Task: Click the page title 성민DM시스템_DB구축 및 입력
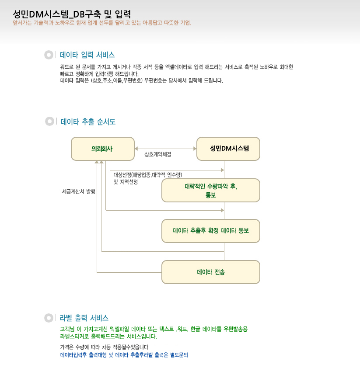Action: tap(72, 14)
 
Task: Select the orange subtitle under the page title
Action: tap(102, 23)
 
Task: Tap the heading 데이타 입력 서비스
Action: tap(87, 55)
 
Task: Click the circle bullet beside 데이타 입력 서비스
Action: tap(49, 55)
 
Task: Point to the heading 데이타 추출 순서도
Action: tap(88, 122)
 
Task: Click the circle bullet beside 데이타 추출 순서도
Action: tap(49, 122)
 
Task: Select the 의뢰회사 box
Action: tap(103, 149)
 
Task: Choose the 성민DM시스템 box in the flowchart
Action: tap(228, 149)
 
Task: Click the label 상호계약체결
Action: tap(158, 154)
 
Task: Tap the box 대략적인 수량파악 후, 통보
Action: tap(211, 191)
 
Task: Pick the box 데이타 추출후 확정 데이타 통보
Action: tap(211, 231)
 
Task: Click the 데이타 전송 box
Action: tap(211, 272)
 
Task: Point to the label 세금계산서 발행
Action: tap(78, 191)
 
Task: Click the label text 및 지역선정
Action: tap(126, 182)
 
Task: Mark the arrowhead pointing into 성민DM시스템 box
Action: tap(195, 149)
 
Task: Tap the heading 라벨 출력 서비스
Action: tap(84, 318)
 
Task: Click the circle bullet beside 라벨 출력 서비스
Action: tap(49, 318)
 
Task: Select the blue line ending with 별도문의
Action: tap(124, 355)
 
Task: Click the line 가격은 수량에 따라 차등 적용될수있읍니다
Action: tap(104, 347)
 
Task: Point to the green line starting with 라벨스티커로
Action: tap(108, 337)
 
